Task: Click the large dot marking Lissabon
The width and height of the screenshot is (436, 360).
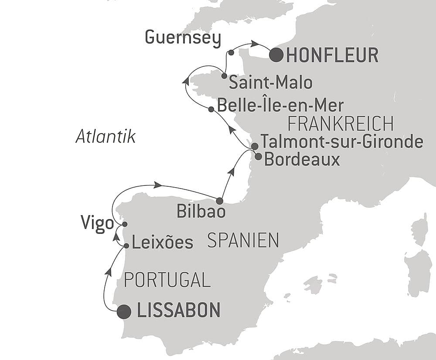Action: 124,312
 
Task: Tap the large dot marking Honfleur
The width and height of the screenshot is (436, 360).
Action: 276,55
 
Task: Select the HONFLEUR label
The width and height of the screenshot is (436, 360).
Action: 333,55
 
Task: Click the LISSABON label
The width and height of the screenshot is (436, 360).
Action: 179,311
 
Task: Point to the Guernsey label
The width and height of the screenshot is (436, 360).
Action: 183,38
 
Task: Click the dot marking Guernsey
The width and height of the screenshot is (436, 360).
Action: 231,53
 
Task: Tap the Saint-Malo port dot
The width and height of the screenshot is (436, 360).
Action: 224,76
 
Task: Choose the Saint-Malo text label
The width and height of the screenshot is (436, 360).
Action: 271,82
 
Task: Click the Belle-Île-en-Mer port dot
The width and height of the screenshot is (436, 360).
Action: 211,109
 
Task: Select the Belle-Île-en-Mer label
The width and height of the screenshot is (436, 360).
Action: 280,106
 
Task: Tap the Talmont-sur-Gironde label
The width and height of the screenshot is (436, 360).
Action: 342,142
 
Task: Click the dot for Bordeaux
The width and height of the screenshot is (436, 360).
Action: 258,156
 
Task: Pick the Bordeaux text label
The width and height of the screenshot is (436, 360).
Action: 302,160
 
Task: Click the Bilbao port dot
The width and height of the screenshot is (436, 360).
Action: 219,201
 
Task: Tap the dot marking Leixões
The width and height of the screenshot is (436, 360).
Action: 126,246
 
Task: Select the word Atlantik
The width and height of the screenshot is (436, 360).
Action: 106,137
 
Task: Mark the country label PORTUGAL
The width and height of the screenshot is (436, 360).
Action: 167,280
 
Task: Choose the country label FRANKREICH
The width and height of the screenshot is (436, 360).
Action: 341,124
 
